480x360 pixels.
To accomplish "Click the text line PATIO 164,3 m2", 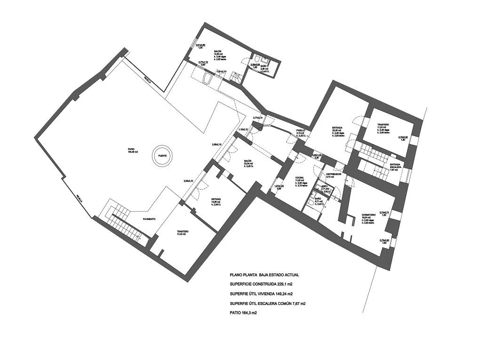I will [x=243, y=312].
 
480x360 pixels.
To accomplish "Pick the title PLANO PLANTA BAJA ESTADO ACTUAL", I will [x=264, y=275].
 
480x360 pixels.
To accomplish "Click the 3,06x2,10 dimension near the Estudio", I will [x=189, y=181].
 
